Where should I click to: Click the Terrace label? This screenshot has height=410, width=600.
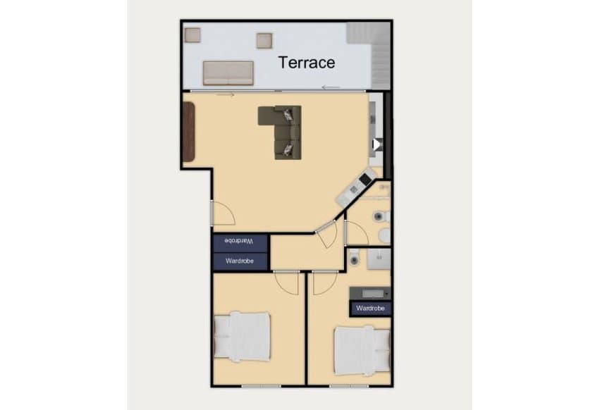(x=307, y=62)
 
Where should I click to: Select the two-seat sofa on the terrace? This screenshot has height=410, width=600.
(x=228, y=73)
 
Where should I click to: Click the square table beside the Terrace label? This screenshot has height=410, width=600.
(x=264, y=41)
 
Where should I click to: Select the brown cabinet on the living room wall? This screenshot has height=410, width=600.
(x=188, y=132)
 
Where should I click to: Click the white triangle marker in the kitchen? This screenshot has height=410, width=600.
(x=376, y=144)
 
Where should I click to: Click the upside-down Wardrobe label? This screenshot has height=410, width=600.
(x=239, y=241)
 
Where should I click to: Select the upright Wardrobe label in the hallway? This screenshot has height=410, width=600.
(x=239, y=261)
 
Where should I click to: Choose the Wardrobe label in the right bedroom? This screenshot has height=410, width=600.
(x=370, y=308)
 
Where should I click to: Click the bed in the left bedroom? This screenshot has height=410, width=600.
(x=242, y=336)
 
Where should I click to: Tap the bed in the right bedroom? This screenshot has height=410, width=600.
(x=362, y=350)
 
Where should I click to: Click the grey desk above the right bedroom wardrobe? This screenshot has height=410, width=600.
(x=370, y=292)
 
